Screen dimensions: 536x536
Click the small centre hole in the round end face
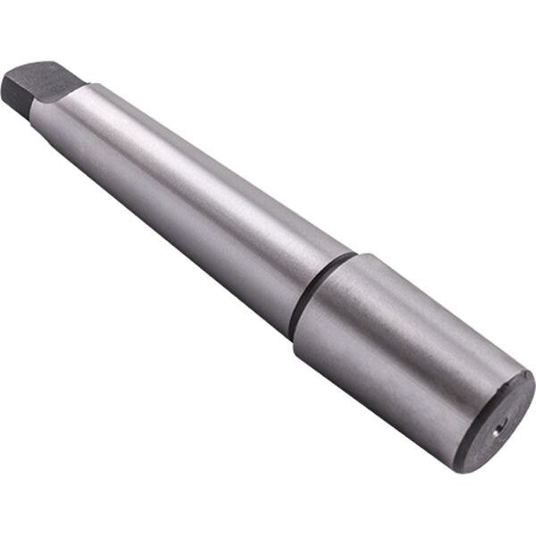pos(501,423)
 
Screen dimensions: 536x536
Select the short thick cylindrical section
pos(402,348)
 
